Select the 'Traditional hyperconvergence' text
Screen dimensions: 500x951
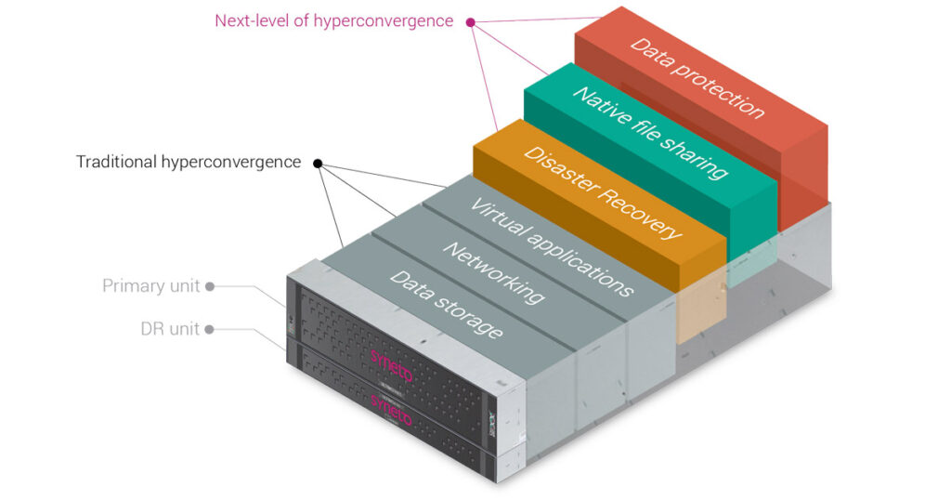189,163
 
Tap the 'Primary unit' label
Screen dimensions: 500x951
150,285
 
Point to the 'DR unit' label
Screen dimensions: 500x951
169,329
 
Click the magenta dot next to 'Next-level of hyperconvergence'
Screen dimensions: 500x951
471,21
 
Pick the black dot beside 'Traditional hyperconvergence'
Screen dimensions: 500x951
318,164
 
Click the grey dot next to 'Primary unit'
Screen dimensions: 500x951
210,286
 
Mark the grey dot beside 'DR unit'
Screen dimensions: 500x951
210,329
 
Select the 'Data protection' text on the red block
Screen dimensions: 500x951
697,78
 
